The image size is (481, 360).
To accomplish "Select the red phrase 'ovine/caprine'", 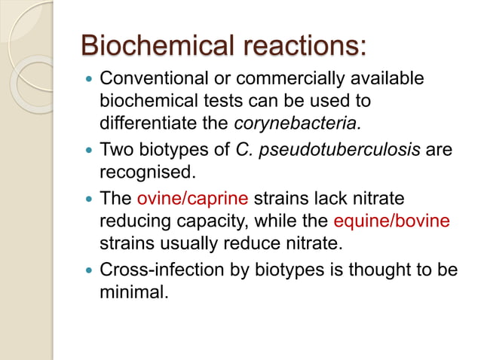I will pyautogui.click(x=193, y=200).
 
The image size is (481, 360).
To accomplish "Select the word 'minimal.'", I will pyautogui.click(x=133, y=291).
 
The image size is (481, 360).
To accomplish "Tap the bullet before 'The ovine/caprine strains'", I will pyautogui.click(x=90, y=200).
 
